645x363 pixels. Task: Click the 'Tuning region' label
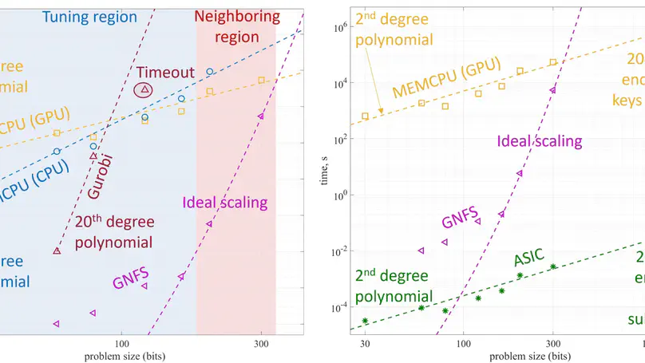pyautogui.click(x=89, y=17)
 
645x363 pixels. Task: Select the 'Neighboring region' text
pyautogui.click(x=237, y=26)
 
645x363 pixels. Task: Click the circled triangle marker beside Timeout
pyautogui.click(x=144, y=90)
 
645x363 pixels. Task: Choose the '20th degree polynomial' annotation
pyautogui.click(x=115, y=231)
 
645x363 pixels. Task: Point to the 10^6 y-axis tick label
pyautogui.click(x=340, y=27)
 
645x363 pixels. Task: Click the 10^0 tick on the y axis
pyautogui.click(x=340, y=195)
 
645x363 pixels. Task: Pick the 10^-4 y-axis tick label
pyautogui.click(x=339, y=308)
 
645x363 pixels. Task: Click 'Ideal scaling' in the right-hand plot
pyautogui.click(x=540, y=141)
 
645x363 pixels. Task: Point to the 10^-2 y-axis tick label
pyautogui.click(x=339, y=252)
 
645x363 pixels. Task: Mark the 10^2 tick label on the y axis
pyautogui.click(x=340, y=140)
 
